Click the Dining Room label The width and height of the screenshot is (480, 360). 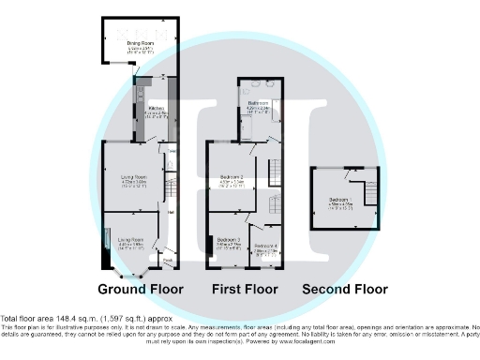point(140,42)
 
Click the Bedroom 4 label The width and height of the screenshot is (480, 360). point(268,247)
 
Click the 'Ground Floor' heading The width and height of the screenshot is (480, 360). point(140,289)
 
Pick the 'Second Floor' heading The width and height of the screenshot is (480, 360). point(345,289)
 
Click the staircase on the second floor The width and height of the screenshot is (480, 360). point(367,191)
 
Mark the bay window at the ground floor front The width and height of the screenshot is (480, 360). point(137,275)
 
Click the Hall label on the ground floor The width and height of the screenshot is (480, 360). point(171,211)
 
